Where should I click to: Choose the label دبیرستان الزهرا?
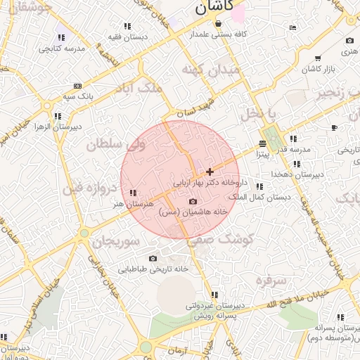tap(58, 127)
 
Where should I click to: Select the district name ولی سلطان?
tap(115, 145)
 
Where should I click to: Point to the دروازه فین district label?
tap(87, 188)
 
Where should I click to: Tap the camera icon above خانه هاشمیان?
tap(193, 202)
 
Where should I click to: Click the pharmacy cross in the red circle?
tap(210, 172)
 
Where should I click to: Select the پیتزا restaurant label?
tap(262, 153)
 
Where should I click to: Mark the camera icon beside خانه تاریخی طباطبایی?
tap(153, 259)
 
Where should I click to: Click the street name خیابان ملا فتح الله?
tap(290, 299)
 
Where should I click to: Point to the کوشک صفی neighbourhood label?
tap(220, 239)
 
